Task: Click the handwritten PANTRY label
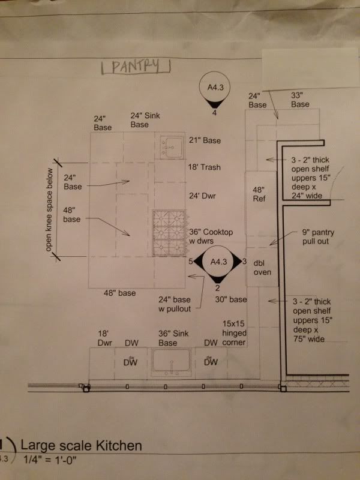coord(136,67)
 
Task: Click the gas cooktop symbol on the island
coord(170,233)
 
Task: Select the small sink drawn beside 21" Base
coord(172,146)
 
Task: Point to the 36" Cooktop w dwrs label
coord(211,236)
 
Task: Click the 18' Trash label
coord(204,167)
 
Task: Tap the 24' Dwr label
coord(202,196)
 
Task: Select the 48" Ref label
coord(259,194)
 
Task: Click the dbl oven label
coord(262,268)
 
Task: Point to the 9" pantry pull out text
coord(318,236)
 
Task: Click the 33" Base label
coord(300,100)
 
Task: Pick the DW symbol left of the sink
coord(130,362)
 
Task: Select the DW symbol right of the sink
coord(211,362)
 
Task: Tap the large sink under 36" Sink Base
coord(172,362)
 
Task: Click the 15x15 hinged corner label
coord(234,333)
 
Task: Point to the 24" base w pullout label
coord(175,304)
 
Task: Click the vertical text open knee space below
coord(49,209)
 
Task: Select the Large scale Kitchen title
coord(81,446)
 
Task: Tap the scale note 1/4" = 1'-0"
coord(50,460)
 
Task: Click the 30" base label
coord(231,299)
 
